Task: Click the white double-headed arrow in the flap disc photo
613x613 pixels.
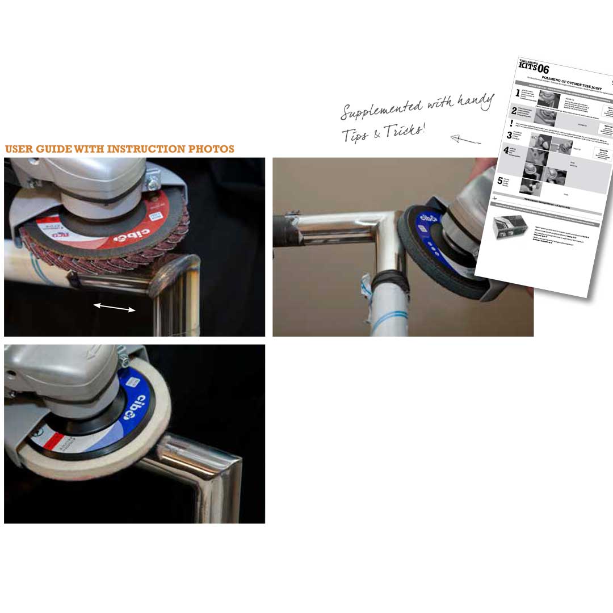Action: pos(115,308)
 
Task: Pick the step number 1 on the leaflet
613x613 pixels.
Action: pos(518,93)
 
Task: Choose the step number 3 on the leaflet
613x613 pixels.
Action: pos(509,136)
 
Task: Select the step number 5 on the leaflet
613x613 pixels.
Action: pos(500,181)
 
